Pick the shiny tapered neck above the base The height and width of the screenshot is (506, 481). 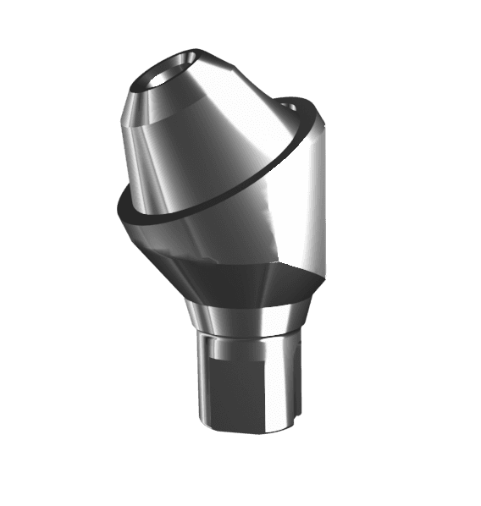point(246,316)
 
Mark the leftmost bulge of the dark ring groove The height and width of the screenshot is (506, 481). point(119,208)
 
